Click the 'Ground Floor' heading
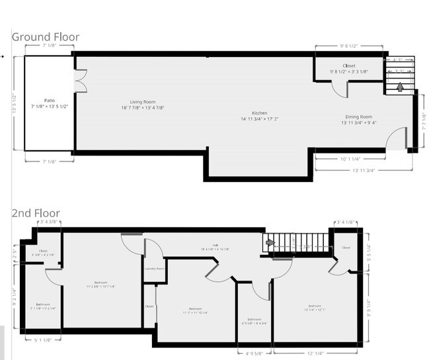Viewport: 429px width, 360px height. (46, 37)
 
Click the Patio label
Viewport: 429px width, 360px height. (50, 103)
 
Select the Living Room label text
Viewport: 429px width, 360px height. (143, 105)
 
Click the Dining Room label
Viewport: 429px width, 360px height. (357, 120)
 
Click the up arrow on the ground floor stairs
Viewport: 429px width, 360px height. (399, 87)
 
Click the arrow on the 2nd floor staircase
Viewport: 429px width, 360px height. (270, 243)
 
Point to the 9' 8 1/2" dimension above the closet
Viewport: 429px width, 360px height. (348, 46)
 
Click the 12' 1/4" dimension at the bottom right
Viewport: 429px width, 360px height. (315, 353)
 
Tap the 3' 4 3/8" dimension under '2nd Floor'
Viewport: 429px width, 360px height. (50, 222)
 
